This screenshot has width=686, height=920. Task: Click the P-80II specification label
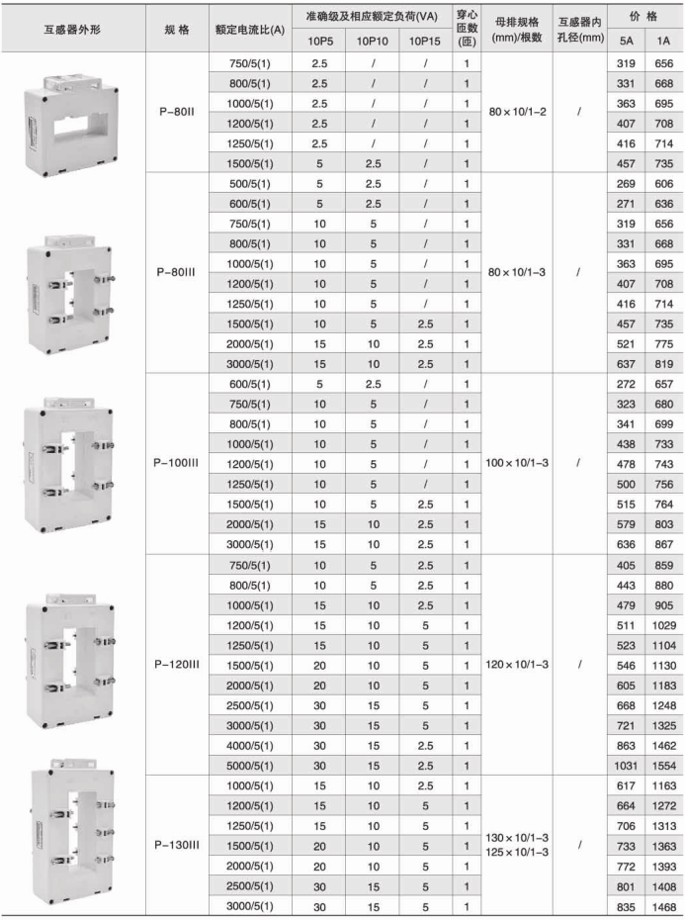176,113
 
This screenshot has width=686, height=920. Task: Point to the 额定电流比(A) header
249,31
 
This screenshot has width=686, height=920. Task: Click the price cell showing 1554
662,766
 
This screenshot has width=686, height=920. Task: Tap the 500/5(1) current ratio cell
249,183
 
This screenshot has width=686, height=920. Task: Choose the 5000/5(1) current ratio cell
249,766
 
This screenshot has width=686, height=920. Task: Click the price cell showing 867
662,543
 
